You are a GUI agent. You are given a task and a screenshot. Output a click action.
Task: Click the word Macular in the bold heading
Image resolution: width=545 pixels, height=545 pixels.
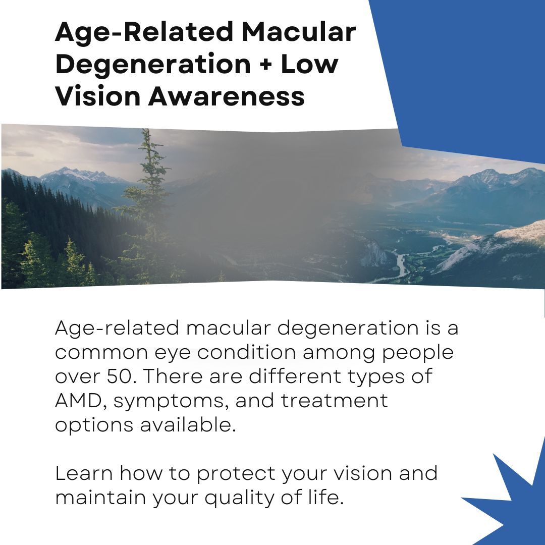298,33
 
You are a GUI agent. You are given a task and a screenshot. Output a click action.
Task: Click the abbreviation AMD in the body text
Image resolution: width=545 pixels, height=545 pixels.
80,401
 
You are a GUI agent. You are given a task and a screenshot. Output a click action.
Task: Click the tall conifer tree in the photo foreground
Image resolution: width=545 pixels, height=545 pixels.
146,202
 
